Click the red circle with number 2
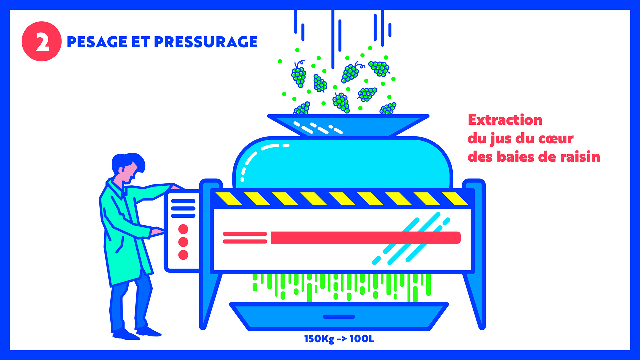point(42,41)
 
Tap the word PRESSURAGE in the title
point(206,42)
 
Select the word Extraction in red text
point(505,120)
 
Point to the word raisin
point(580,157)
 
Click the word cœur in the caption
point(555,138)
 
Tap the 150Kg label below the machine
point(319,339)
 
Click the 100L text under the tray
point(362,339)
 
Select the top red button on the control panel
point(183,229)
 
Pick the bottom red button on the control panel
point(183,255)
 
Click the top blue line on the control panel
point(183,201)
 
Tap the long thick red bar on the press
point(365,238)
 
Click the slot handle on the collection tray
point(339,317)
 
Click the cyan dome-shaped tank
point(343,163)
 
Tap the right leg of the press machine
point(475,283)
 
